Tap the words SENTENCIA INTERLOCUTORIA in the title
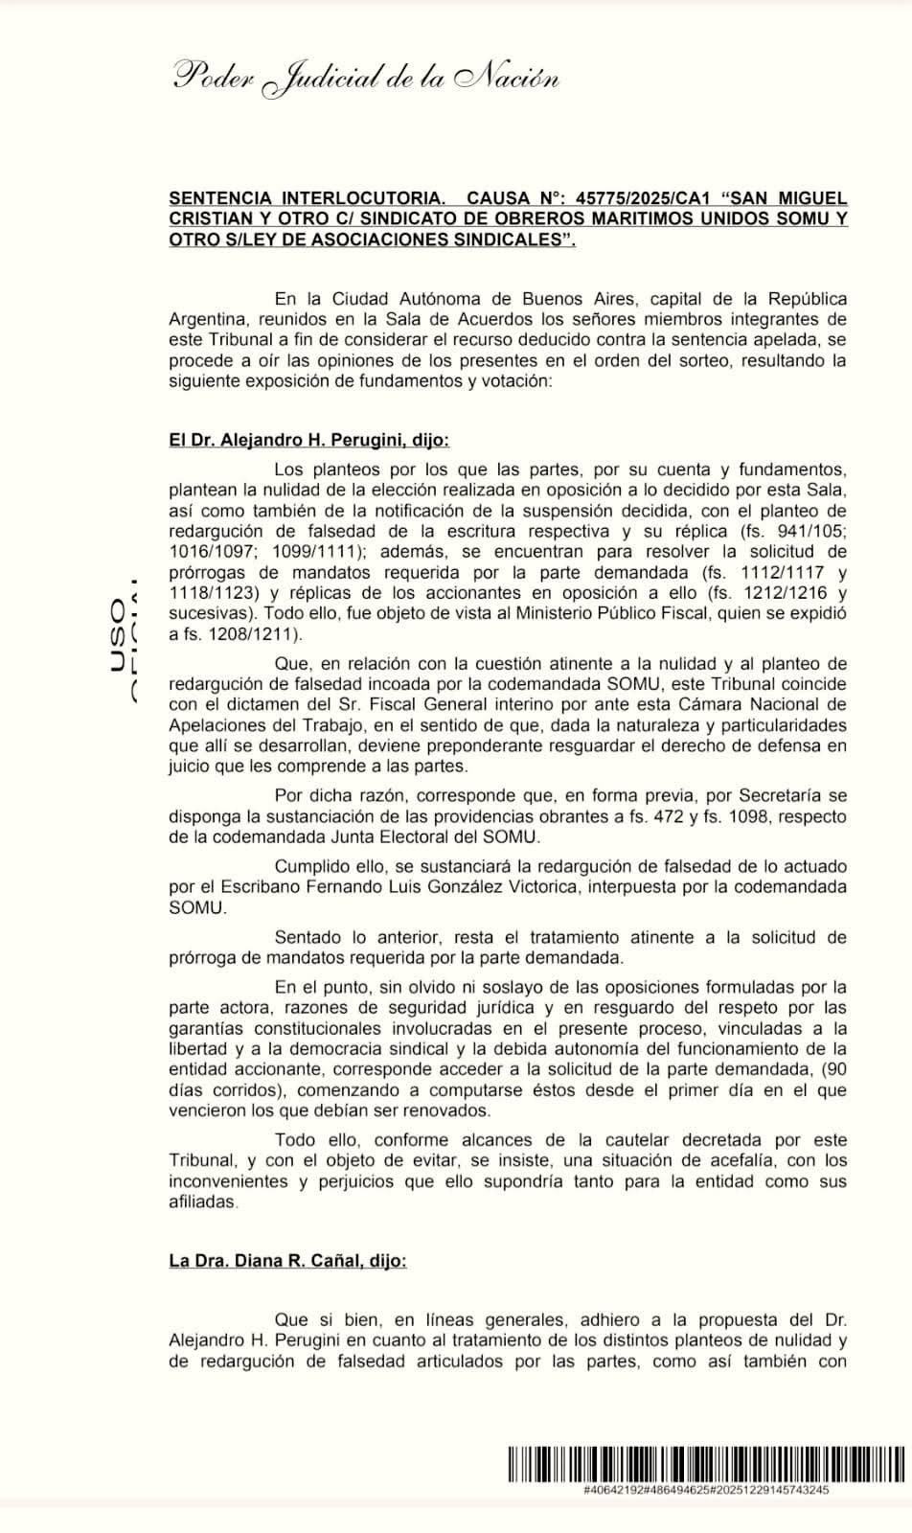307,198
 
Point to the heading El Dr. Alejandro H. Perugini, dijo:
308,441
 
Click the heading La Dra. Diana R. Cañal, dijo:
287,1261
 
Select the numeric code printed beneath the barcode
705,1491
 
